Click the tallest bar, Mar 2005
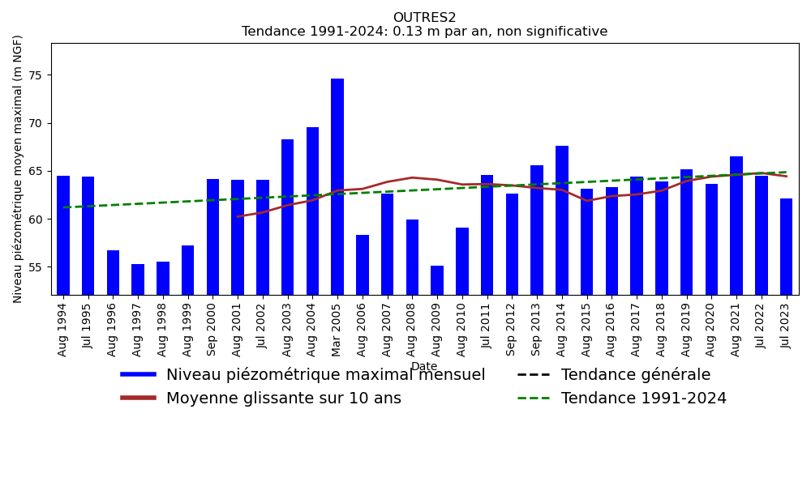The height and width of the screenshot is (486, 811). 337,186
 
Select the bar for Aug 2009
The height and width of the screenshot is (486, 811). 437,280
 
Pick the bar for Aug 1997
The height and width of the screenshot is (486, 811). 138,279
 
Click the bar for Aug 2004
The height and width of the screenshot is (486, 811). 312,211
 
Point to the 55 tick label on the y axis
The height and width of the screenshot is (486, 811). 34,267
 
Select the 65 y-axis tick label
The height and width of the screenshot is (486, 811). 34,172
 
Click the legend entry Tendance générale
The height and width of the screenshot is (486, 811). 635,375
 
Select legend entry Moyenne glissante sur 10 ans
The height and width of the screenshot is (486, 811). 283,399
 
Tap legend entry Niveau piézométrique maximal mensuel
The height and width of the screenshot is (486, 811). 325,375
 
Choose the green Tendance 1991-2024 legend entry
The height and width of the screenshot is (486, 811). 643,399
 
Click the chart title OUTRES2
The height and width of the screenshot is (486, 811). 424,18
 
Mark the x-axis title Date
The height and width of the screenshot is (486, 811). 424,367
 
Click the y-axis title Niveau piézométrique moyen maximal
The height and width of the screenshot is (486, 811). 19,168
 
